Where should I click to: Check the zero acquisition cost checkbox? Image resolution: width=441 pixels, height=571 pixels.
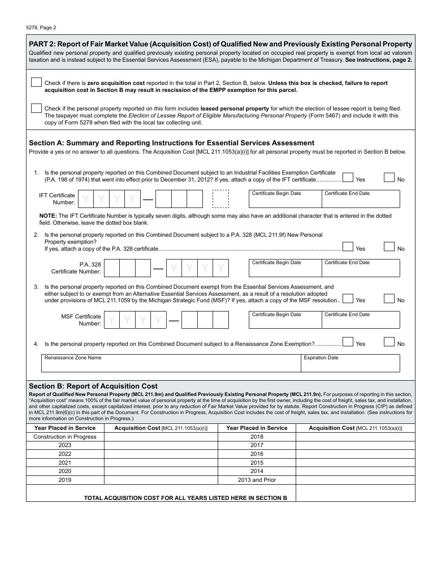[36, 82]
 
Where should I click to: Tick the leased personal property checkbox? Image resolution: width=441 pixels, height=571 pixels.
[36, 108]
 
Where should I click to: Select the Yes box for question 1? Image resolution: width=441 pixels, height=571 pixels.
[348, 177]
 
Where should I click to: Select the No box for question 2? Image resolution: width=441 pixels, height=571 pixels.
[389, 247]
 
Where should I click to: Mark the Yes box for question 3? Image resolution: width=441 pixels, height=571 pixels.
[348, 298]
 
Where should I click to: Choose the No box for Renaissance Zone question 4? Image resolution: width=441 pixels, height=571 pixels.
[389, 342]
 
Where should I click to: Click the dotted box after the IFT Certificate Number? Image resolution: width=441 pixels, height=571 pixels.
[220, 199]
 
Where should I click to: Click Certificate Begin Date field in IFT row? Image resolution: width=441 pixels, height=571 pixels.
[285, 201]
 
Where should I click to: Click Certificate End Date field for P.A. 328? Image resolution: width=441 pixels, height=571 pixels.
[361, 270]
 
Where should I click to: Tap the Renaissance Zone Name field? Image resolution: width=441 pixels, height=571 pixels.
[171, 365]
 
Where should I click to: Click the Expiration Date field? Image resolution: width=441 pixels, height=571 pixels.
[350, 365]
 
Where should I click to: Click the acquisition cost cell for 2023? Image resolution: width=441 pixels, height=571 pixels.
[161, 445]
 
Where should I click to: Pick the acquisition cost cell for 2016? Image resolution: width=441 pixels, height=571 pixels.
[355, 454]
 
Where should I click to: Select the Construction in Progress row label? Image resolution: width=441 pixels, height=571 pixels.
[65, 437]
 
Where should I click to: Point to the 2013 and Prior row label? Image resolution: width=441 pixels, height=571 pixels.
[257, 480]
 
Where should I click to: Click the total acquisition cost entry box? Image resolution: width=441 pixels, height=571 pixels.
[355, 493]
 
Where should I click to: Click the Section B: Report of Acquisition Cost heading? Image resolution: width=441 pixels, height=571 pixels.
[93, 386]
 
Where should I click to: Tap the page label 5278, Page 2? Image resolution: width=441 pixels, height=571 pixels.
[41, 27]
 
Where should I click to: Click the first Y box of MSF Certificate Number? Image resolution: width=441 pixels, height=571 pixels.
[112, 320]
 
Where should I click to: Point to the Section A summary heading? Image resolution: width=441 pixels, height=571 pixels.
[171, 143]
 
